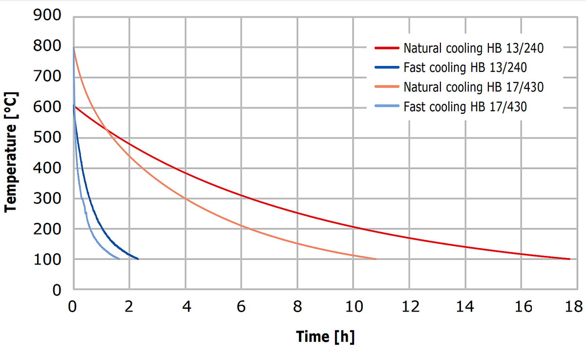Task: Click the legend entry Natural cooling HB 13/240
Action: [x=473, y=48]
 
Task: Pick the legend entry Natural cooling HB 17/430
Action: [x=473, y=87]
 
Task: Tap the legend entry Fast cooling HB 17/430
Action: [x=465, y=106]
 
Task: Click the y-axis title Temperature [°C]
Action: [x=11, y=152]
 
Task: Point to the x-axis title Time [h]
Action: [x=325, y=337]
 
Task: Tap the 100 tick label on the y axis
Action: [x=47, y=260]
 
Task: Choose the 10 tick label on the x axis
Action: [x=354, y=307]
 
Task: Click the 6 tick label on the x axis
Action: [x=241, y=307]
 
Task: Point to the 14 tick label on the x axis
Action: [x=465, y=307]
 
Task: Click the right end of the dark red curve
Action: [x=569, y=259]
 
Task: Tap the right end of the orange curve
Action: [x=376, y=259]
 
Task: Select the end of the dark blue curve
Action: [x=138, y=259]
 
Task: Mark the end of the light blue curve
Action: [x=119, y=259]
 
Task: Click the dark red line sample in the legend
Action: [x=387, y=48]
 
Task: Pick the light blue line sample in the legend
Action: [x=387, y=106]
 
